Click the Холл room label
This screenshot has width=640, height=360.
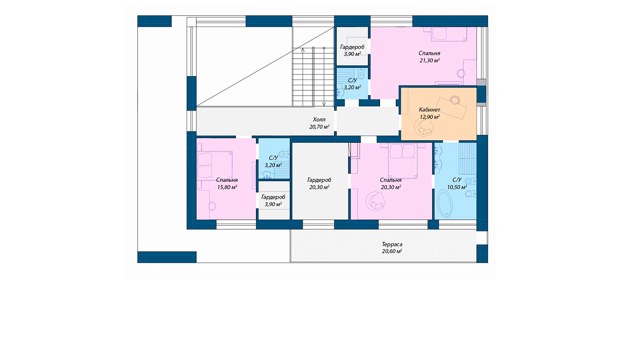coord(319,120)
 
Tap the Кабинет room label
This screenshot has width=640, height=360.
coord(430,110)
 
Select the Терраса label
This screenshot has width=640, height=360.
coord(392,244)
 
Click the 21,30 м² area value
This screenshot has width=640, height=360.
coord(430,60)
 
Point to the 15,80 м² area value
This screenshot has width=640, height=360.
coord(227,188)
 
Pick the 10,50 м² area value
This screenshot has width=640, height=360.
coord(457,187)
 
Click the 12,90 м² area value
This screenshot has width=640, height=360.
coord(430,117)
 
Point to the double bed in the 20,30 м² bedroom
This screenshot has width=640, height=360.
coord(403,161)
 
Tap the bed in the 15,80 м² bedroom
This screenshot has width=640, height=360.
coord(214,166)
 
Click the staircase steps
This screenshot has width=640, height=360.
coord(313,77)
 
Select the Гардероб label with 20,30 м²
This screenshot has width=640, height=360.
coord(319,180)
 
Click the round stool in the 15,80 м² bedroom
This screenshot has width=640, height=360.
coord(212,206)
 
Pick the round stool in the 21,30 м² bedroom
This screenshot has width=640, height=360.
coord(461,74)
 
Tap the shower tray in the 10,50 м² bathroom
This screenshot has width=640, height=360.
coord(468,158)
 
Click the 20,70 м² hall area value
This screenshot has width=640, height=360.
coord(319,127)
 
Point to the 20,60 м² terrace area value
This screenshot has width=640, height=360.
coord(392,252)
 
